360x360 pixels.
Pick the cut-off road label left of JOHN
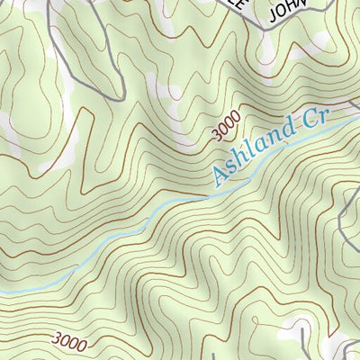point(237,4)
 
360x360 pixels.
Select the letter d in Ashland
point(285,135)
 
